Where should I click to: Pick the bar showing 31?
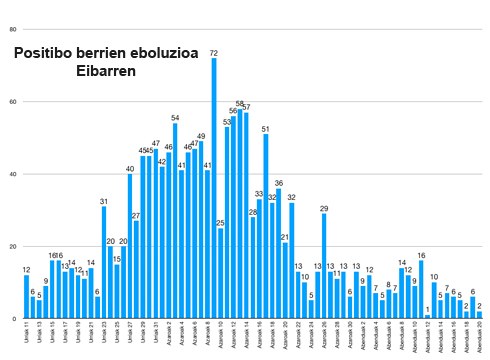104,261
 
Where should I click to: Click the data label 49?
201,136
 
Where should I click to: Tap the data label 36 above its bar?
279,183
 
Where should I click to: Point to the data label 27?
136,215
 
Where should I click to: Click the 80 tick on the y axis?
12,29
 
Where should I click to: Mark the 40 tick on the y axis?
12,174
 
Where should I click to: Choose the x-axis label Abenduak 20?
480,336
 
